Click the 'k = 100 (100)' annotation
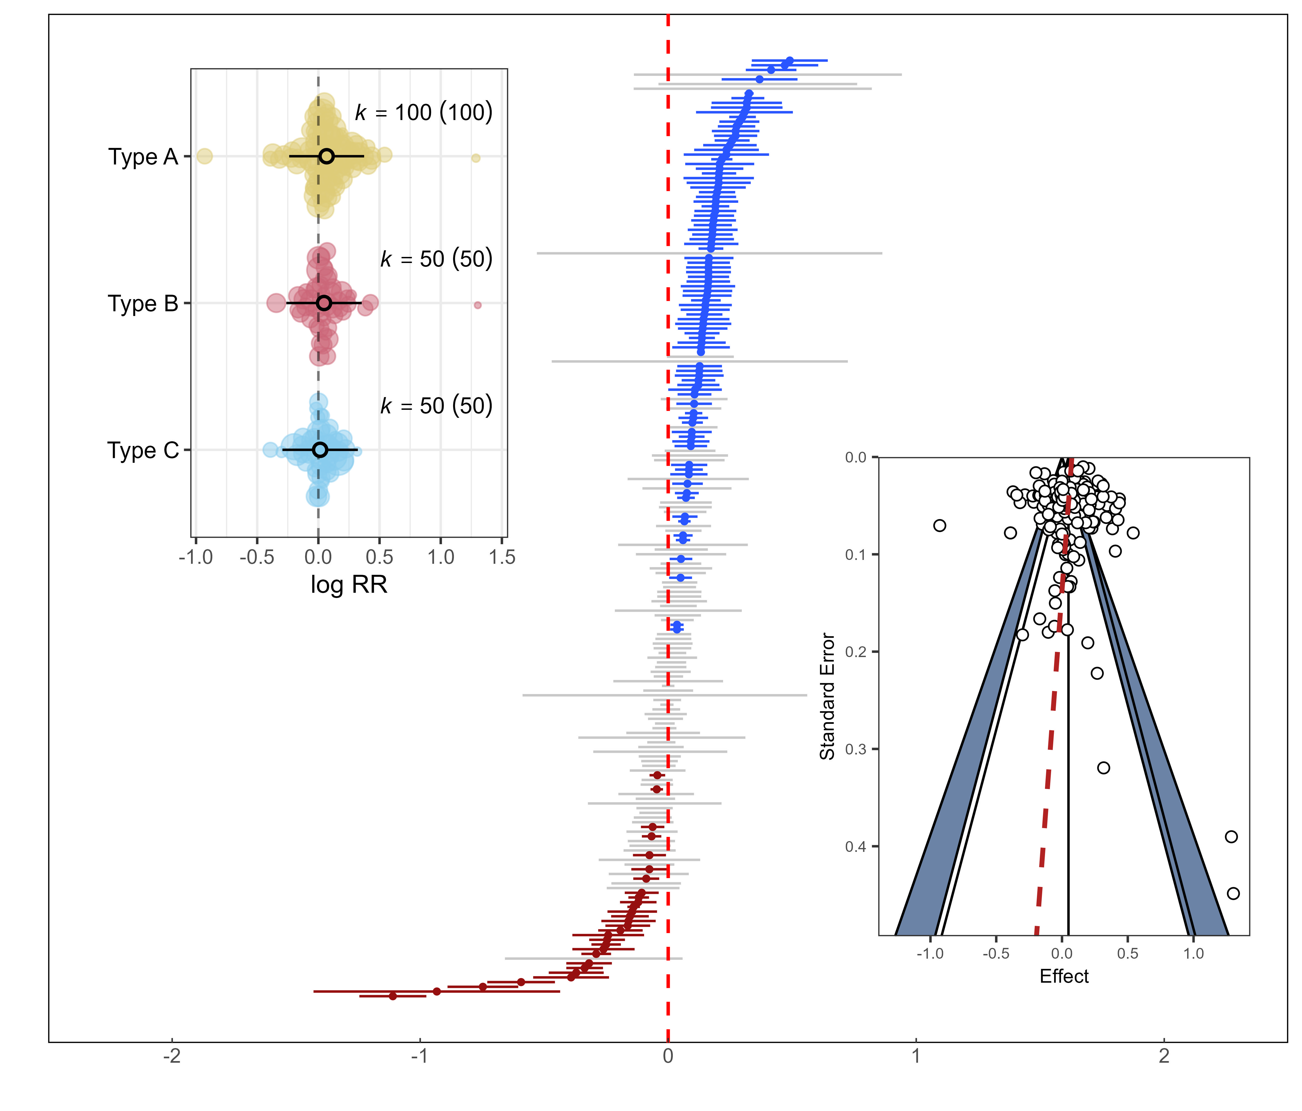coord(424,112)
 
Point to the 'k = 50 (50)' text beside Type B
coord(436,259)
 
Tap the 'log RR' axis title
coord(349,585)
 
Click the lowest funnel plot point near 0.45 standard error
coord(1233,893)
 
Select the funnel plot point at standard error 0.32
coord(1103,767)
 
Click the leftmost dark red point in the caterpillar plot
coord(393,996)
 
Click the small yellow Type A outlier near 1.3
coord(476,158)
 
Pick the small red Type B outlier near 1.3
coord(478,305)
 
